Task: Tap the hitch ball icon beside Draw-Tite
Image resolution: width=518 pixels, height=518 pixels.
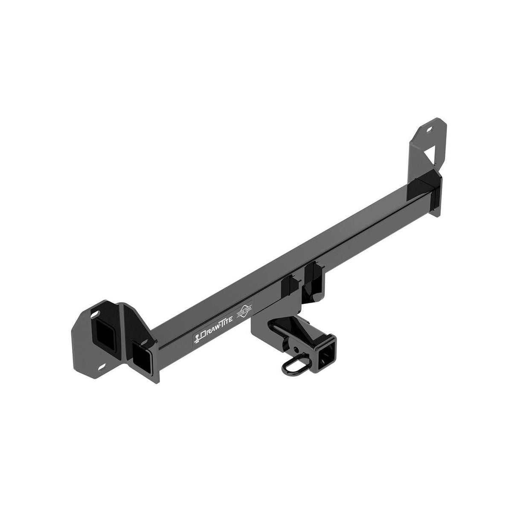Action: [x=197, y=339]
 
